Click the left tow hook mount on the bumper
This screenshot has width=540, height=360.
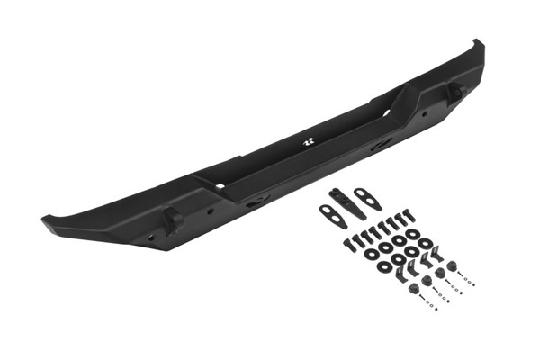[171, 219]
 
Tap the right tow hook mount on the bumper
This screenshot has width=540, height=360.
[454, 91]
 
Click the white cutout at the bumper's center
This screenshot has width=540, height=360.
[307, 142]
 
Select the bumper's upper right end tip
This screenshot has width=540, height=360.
[478, 43]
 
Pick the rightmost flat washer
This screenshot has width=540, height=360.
[425, 242]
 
